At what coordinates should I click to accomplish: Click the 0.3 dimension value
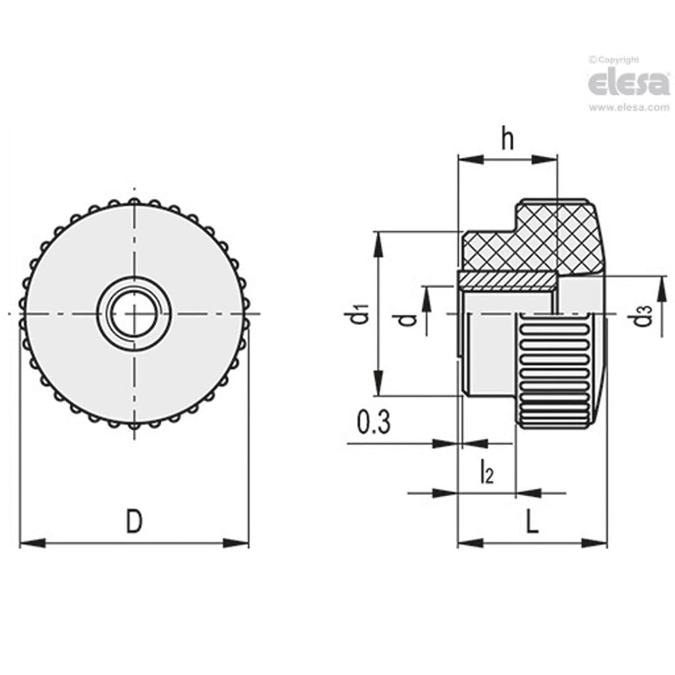pos(373,423)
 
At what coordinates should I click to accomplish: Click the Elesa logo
pos(629,83)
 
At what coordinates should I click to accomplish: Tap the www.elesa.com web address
pos(629,107)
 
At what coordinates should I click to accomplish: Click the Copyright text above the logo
pos(614,60)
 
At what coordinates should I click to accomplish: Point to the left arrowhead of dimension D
pos(32,543)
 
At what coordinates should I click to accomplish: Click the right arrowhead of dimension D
pos(236,543)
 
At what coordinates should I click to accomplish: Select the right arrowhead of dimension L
pos(594,543)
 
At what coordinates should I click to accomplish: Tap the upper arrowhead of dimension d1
pos(379,245)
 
